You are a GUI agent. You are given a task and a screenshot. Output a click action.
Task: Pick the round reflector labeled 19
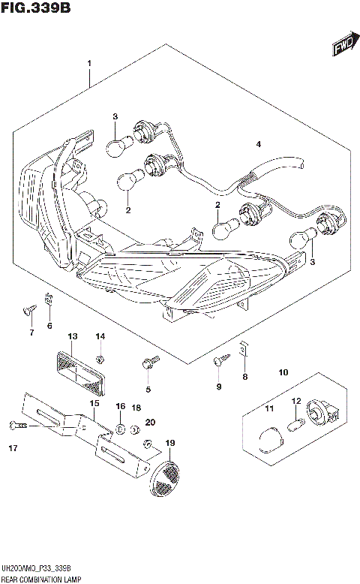coord(166,475)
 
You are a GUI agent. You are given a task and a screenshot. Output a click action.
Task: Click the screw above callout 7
coord(30,309)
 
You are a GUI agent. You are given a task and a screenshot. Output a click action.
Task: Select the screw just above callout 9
coord(217,363)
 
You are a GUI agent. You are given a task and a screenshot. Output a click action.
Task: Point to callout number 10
coord(283,372)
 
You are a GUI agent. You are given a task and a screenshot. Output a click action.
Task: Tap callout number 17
coord(13,450)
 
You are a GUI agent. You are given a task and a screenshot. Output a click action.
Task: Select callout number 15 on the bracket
coord(94,404)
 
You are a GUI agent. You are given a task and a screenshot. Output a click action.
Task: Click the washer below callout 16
coord(120,430)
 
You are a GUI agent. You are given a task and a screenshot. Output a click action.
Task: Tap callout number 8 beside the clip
coord(244,378)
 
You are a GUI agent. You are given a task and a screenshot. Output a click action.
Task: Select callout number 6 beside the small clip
coord(49,326)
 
